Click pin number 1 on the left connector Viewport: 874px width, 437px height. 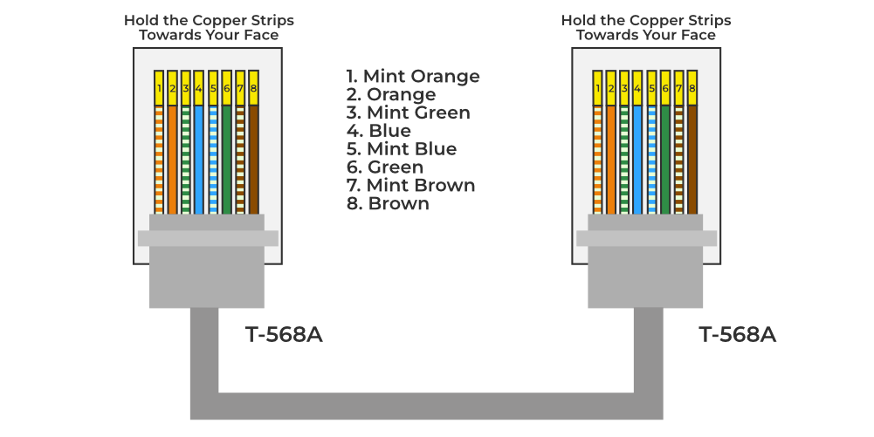coord(159,88)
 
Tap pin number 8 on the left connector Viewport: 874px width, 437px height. coord(254,88)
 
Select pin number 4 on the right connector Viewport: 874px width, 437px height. coord(637,88)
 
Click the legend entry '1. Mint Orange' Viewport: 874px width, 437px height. coord(413,76)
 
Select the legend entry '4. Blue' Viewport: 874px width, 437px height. coord(378,131)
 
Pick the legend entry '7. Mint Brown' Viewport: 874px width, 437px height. coord(410,185)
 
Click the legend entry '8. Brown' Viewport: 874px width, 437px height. coord(388,203)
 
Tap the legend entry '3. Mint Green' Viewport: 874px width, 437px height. coord(408,113)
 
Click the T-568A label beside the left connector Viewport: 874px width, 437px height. coord(285,335)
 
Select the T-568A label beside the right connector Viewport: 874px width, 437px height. coord(738,335)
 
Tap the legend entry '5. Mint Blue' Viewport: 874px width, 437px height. coord(401,148)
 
